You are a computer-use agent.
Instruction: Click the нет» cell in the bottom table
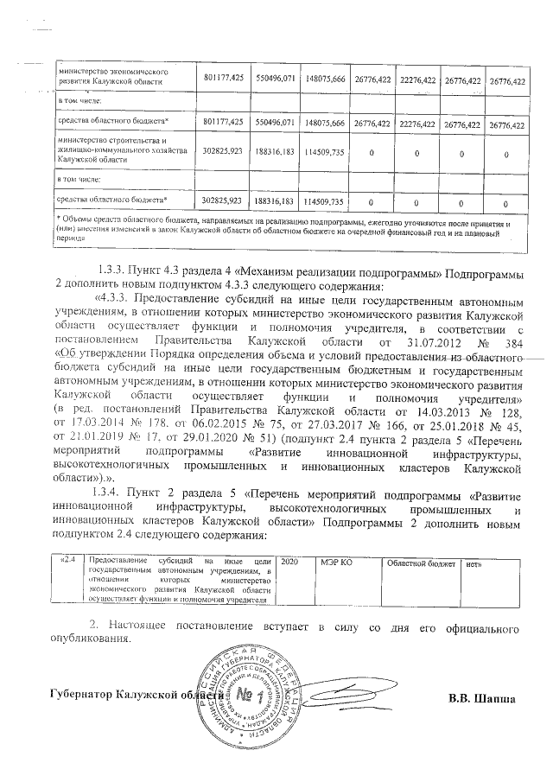[474, 563]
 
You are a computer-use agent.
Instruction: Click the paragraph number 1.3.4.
[115, 494]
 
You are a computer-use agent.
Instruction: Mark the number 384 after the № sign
[517, 363]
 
